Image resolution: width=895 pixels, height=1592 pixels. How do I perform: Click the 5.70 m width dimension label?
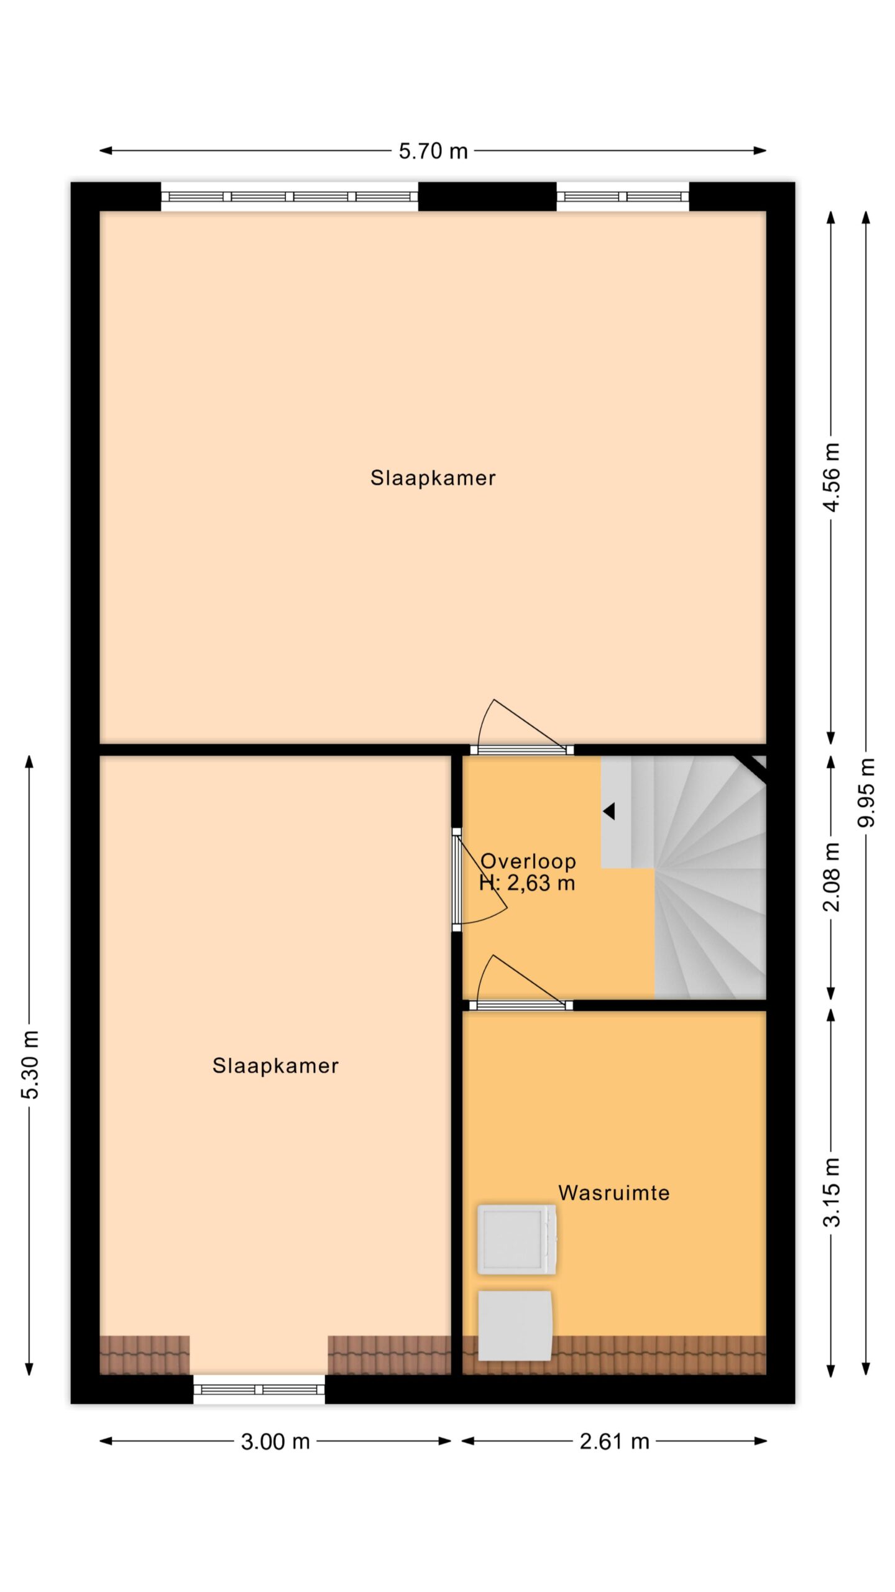tap(433, 151)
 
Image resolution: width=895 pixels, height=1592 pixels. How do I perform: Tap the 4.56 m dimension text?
tap(831, 477)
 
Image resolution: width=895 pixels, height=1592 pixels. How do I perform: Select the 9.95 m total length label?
tap(866, 792)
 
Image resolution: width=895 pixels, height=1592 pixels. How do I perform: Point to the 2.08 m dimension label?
tap(831, 877)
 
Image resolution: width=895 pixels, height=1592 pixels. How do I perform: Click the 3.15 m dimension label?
tap(831, 1192)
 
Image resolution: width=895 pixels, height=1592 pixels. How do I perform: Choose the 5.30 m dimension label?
tap(30, 1064)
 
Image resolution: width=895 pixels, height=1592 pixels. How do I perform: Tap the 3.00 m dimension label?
tap(275, 1441)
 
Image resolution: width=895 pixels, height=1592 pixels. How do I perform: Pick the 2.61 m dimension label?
tap(614, 1441)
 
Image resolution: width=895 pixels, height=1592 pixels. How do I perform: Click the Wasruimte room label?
tap(614, 1192)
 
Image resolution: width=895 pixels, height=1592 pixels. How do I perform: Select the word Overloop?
tap(528, 861)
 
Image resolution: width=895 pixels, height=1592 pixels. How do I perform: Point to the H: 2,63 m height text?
tap(527, 883)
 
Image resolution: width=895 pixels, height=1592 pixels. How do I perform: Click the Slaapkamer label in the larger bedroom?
tap(433, 478)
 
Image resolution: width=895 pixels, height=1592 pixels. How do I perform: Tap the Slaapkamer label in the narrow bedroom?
tap(275, 1065)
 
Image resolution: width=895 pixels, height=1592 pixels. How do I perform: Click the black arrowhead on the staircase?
tap(609, 811)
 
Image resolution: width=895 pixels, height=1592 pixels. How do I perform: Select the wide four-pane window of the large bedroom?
tap(290, 197)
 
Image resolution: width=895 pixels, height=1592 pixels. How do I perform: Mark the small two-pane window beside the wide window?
tap(623, 197)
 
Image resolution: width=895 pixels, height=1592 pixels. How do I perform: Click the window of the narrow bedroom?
tap(259, 1389)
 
